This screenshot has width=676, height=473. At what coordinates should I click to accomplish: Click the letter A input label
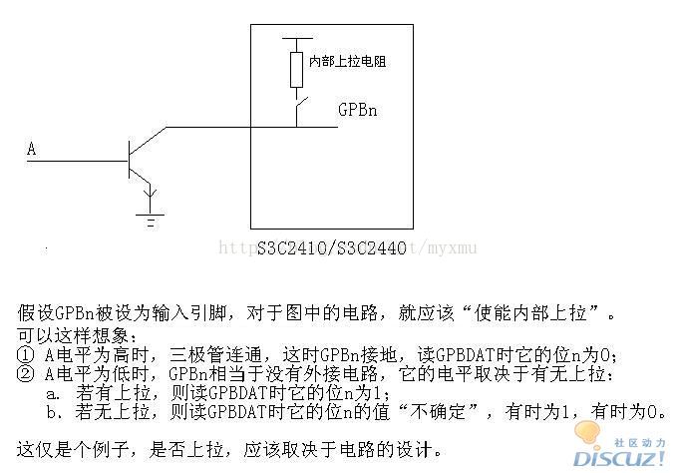tap(32, 150)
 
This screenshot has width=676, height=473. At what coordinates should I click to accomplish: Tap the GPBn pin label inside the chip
tap(358, 109)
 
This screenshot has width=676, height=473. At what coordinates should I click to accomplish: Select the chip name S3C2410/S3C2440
tap(331, 247)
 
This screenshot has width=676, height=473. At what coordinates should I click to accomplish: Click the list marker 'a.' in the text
tap(52, 394)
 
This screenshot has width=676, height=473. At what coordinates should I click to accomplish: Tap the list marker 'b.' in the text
tap(52, 412)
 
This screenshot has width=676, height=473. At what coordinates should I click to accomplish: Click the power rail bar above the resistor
tap(296, 39)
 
